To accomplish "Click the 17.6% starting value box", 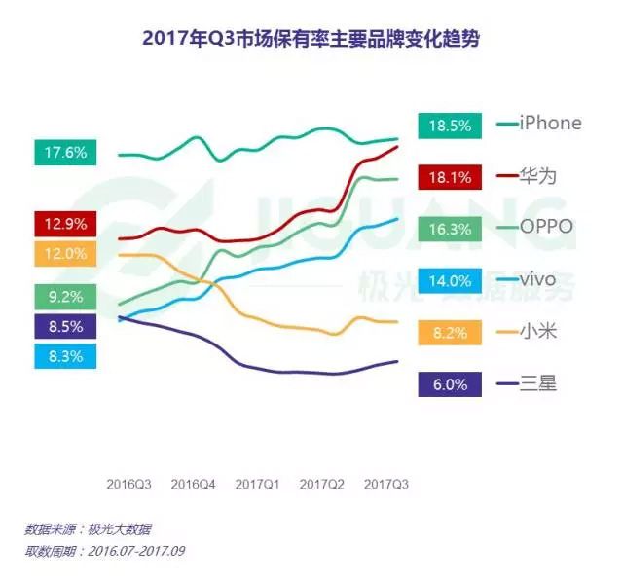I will [65, 152].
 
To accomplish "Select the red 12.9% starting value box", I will [65, 224].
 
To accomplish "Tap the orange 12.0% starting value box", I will [65, 254].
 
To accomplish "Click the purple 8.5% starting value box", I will [65, 326].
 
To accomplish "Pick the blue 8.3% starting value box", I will [65, 357].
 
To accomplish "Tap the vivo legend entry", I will [539, 280].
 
